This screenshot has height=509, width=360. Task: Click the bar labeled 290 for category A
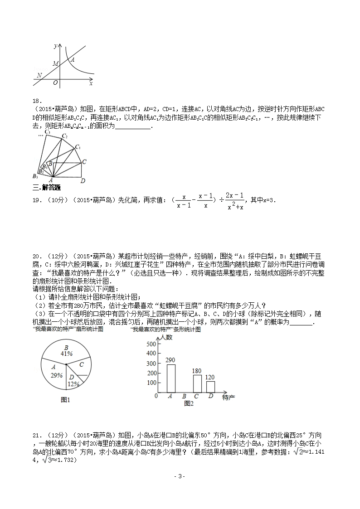[171, 378]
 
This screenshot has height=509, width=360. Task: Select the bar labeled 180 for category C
[197, 383]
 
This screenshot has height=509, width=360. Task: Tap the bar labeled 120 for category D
[210, 387]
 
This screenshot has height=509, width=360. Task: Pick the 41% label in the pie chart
[67, 354]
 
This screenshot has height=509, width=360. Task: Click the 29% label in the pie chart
[57, 375]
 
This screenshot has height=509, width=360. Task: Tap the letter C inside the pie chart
[81, 364]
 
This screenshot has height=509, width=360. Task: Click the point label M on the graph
[55, 64]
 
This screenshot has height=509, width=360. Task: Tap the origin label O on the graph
[55, 83]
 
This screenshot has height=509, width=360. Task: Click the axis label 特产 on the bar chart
[229, 398]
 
